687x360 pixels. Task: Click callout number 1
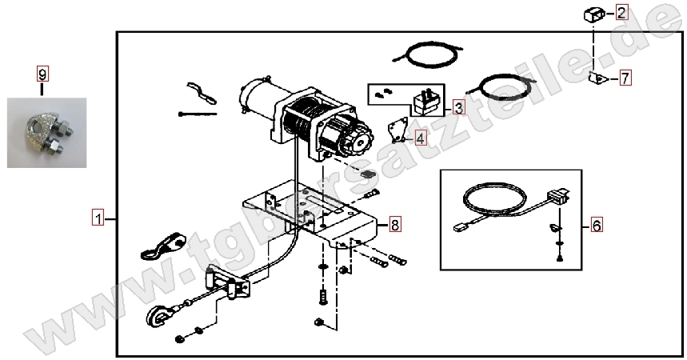[x=98, y=218]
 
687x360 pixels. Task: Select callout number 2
[x=621, y=12]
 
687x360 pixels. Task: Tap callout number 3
[x=458, y=107]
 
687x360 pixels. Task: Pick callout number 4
[x=420, y=139]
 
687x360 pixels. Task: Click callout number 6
[x=597, y=225]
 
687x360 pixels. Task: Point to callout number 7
[x=625, y=78]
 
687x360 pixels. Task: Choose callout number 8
[x=395, y=225]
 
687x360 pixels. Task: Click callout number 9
[x=42, y=74]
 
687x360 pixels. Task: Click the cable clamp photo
[x=47, y=133]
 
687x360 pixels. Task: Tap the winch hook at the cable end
[x=154, y=315]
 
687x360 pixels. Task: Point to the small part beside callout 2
[x=594, y=15]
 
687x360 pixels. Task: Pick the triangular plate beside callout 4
[x=397, y=130]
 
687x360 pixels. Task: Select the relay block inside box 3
[x=425, y=102]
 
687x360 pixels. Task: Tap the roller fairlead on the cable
[x=227, y=283]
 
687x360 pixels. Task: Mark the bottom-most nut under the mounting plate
[x=318, y=322]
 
